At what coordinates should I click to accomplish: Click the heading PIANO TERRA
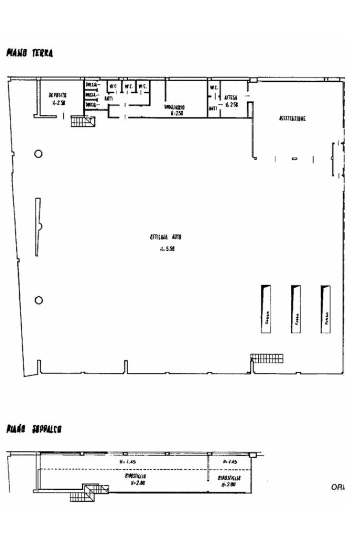(x=30, y=53)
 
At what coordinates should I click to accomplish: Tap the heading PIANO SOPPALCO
(x=34, y=429)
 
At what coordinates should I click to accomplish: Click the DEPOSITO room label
(x=57, y=95)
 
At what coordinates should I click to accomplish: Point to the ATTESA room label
(x=231, y=98)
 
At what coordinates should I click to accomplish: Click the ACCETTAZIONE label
(x=292, y=119)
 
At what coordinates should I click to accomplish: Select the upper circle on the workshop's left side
(x=38, y=154)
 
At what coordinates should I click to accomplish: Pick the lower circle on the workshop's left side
(x=38, y=300)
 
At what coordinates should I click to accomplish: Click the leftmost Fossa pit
(x=266, y=309)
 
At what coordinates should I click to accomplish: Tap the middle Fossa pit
(x=296, y=309)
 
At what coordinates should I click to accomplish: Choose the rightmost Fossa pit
(x=326, y=309)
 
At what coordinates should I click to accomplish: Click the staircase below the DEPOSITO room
(x=82, y=122)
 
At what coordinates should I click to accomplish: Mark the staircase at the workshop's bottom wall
(x=267, y=358)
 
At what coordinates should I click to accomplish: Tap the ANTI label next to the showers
(x=109, y=97)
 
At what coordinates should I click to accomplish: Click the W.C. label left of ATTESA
(x=214, y=87)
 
